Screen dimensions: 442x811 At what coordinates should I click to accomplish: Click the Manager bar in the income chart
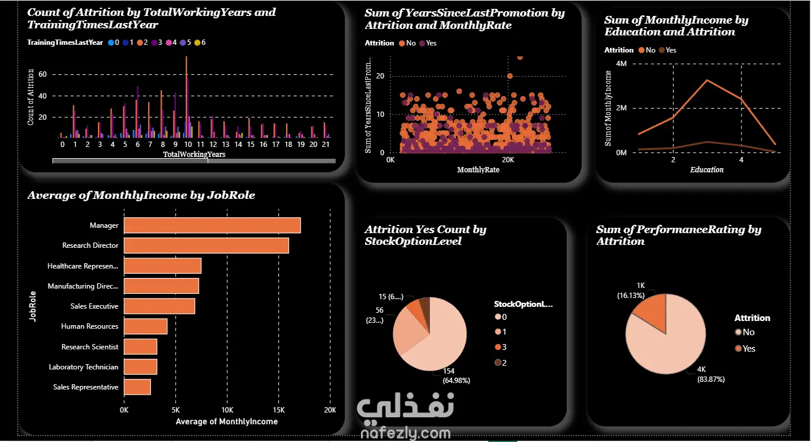(212, 225)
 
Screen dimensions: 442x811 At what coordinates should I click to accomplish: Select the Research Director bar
(206, 245)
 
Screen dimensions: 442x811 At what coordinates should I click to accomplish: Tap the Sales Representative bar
(137, 387)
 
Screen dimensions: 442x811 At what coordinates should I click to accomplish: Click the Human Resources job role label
(90, 326)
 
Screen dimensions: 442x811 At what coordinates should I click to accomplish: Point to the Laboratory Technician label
(83, 367)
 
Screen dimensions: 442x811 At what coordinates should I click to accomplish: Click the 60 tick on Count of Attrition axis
(41, 74)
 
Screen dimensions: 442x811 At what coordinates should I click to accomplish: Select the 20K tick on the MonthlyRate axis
(507, 160)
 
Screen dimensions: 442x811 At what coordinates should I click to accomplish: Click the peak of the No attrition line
(707, 80)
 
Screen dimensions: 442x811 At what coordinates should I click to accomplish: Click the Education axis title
(707, 170)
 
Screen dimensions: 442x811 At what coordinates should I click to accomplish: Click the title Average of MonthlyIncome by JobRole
(141, 195)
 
